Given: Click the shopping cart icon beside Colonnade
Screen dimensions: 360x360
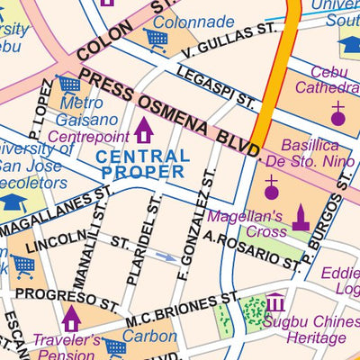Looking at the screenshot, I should pos(157,39).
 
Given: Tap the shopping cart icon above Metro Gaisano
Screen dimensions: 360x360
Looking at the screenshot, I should pos(68,85).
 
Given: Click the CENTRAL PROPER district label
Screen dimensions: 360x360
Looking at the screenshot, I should pos(144,163).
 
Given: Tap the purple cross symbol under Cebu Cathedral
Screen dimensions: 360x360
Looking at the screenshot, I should pos(337,113).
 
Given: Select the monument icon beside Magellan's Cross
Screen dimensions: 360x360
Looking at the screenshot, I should pos(300,218).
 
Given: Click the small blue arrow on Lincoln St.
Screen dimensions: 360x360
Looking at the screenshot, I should pos(166,256).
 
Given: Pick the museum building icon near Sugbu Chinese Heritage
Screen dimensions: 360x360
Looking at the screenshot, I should pos(275,302).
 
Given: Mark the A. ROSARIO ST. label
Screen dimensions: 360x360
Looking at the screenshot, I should pos(251,250).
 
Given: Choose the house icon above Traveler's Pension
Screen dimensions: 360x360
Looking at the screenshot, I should pos(72,317).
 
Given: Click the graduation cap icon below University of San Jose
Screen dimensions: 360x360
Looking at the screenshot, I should pos(13,201).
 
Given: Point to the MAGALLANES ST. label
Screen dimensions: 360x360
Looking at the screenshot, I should pos(56,213).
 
